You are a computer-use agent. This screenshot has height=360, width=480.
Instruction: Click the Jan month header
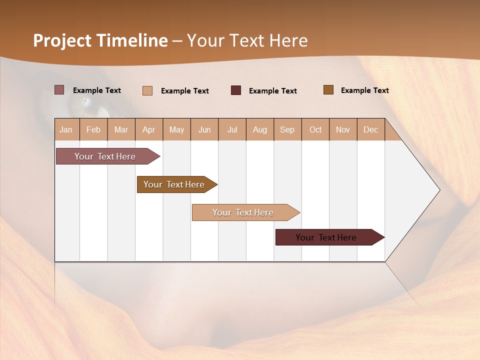pos(66,129)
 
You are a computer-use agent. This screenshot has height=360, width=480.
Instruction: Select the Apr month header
pos(149,129)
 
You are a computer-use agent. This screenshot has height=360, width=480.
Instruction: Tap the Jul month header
pos(232,129)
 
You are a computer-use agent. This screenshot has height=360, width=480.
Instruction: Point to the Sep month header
pos(287,129)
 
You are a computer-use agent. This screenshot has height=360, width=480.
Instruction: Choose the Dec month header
pos(370,129)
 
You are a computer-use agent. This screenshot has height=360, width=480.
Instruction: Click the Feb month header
pos(93,129)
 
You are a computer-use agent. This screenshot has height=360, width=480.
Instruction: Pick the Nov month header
pos(343,129)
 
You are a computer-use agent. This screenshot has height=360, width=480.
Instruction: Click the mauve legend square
pos(59,90)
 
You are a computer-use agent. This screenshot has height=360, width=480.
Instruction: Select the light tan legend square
pos(147,90)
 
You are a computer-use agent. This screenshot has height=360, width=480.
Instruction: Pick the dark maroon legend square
pos(236,90)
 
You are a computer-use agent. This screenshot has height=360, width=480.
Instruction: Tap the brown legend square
pos(328,90)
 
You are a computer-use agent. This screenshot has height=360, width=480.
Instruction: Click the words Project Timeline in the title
pos(100,40)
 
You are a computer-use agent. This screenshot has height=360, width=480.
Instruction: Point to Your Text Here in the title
pos(247,40)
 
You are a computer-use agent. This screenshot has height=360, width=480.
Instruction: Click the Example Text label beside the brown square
pos(364,90)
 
